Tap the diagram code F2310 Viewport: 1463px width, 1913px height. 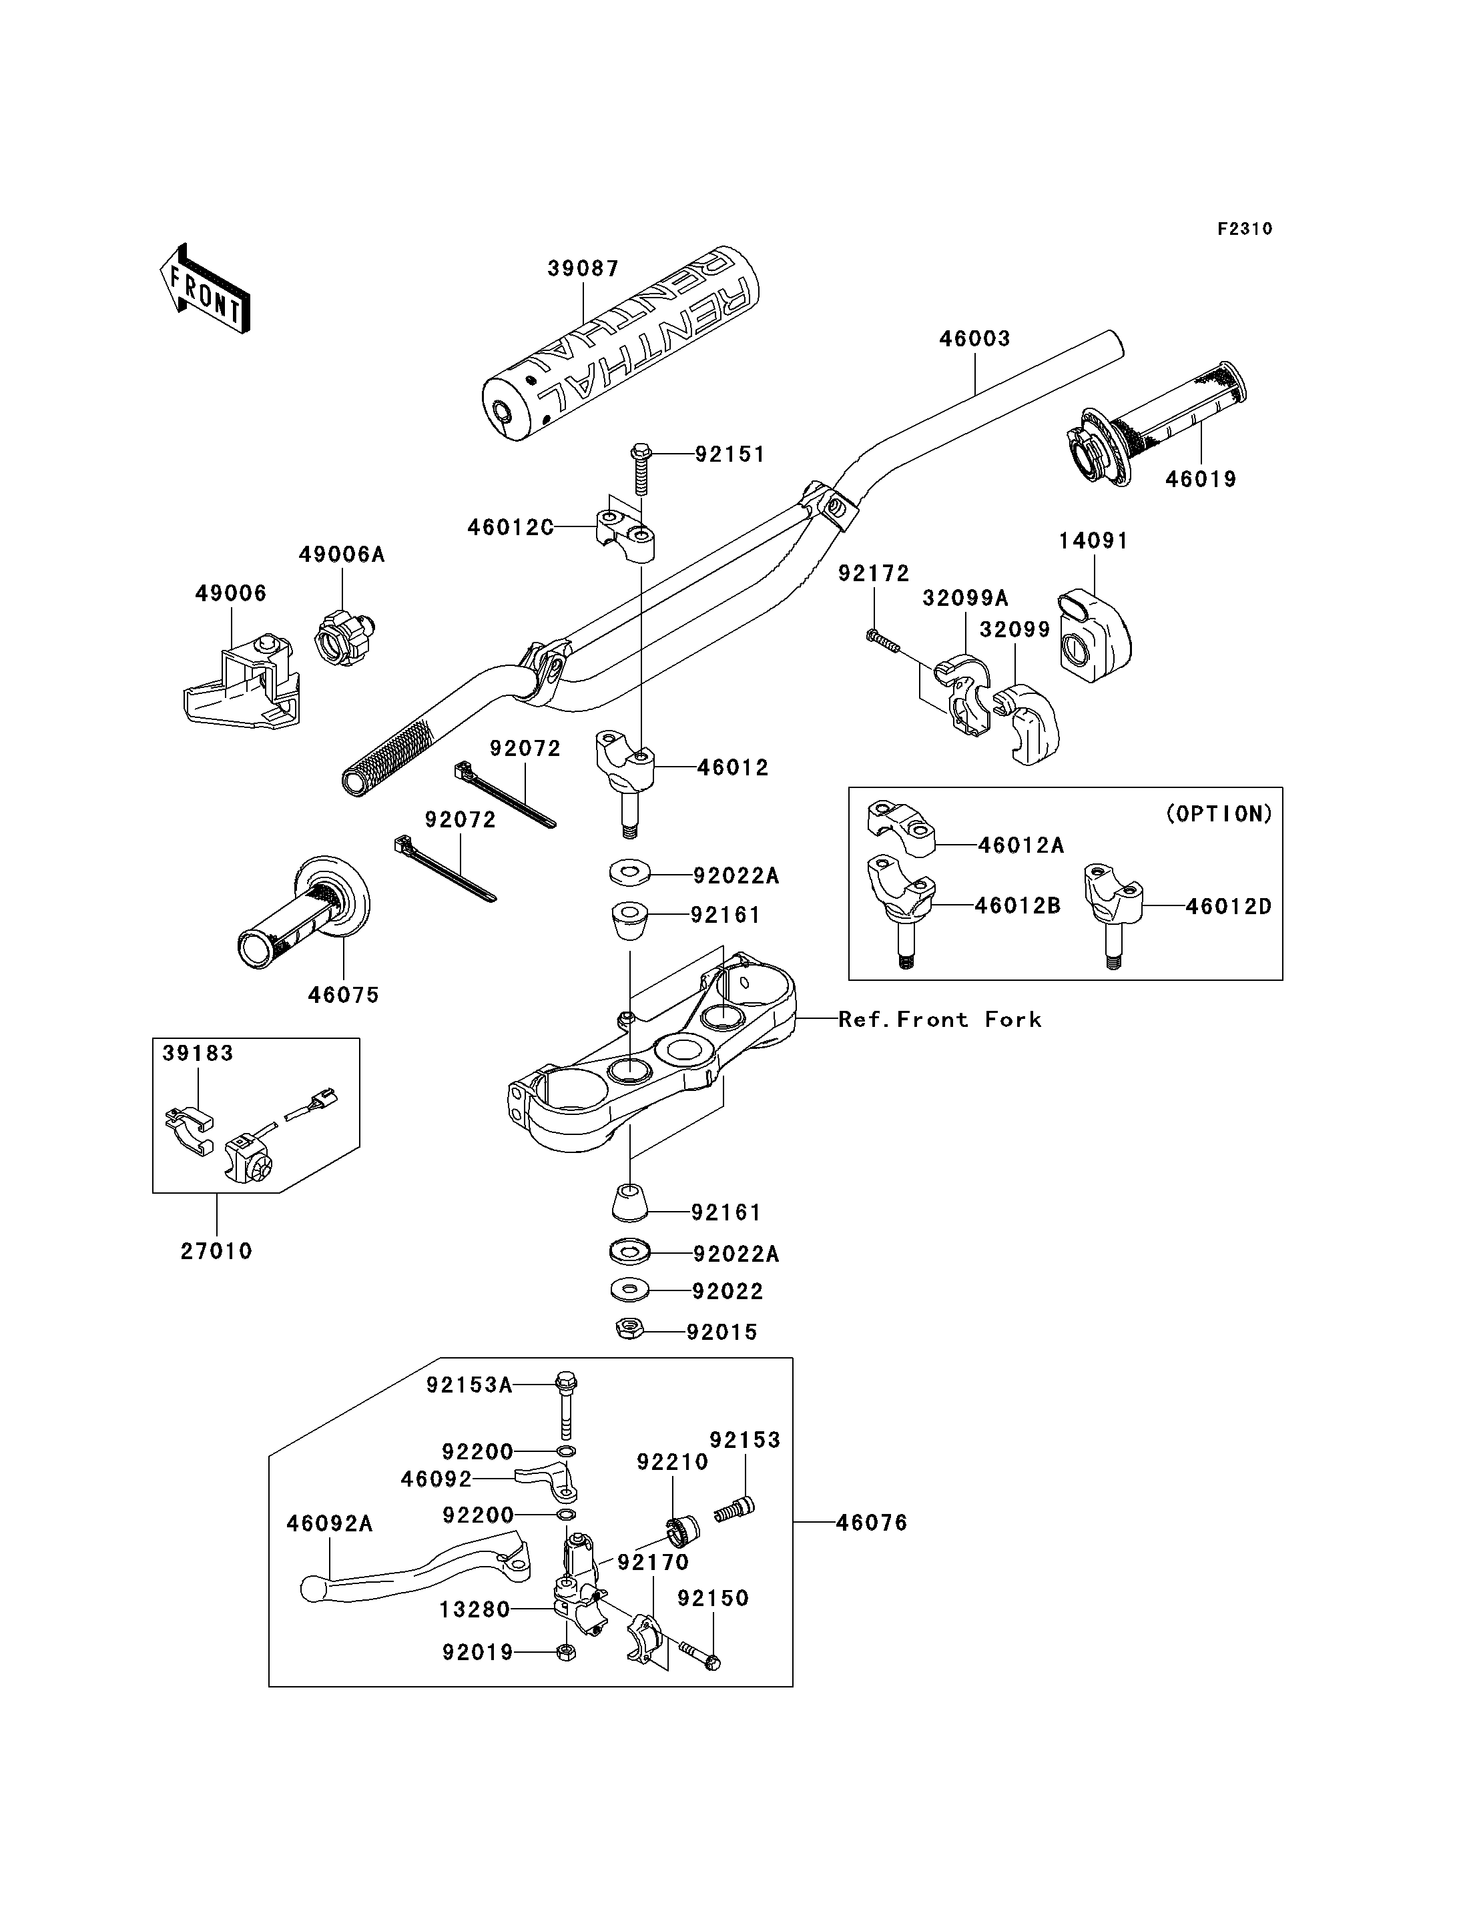1245,229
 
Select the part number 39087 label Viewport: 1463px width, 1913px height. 583,269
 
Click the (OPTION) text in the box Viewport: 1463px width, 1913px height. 1218,814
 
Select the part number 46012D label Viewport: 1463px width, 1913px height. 1229,906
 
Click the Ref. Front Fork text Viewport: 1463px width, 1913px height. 940,1020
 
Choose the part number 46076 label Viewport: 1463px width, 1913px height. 872,1523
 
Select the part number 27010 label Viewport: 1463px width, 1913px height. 216,1251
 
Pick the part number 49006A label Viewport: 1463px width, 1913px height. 341,554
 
